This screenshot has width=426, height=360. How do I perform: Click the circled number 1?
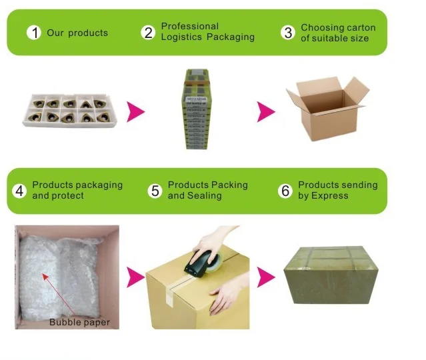tap(33, 33)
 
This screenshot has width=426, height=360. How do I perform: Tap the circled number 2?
tap(148, 33)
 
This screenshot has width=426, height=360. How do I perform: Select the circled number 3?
tap(288, 33)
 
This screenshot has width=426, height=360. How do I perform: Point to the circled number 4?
tap(19, 191)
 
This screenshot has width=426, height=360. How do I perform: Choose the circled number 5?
tap(155, 191)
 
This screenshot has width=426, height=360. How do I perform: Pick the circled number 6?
tap(285, 191)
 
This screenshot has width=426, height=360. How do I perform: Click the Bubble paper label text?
tap(79, 323)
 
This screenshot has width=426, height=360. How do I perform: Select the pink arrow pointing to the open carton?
tap(267, 112)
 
